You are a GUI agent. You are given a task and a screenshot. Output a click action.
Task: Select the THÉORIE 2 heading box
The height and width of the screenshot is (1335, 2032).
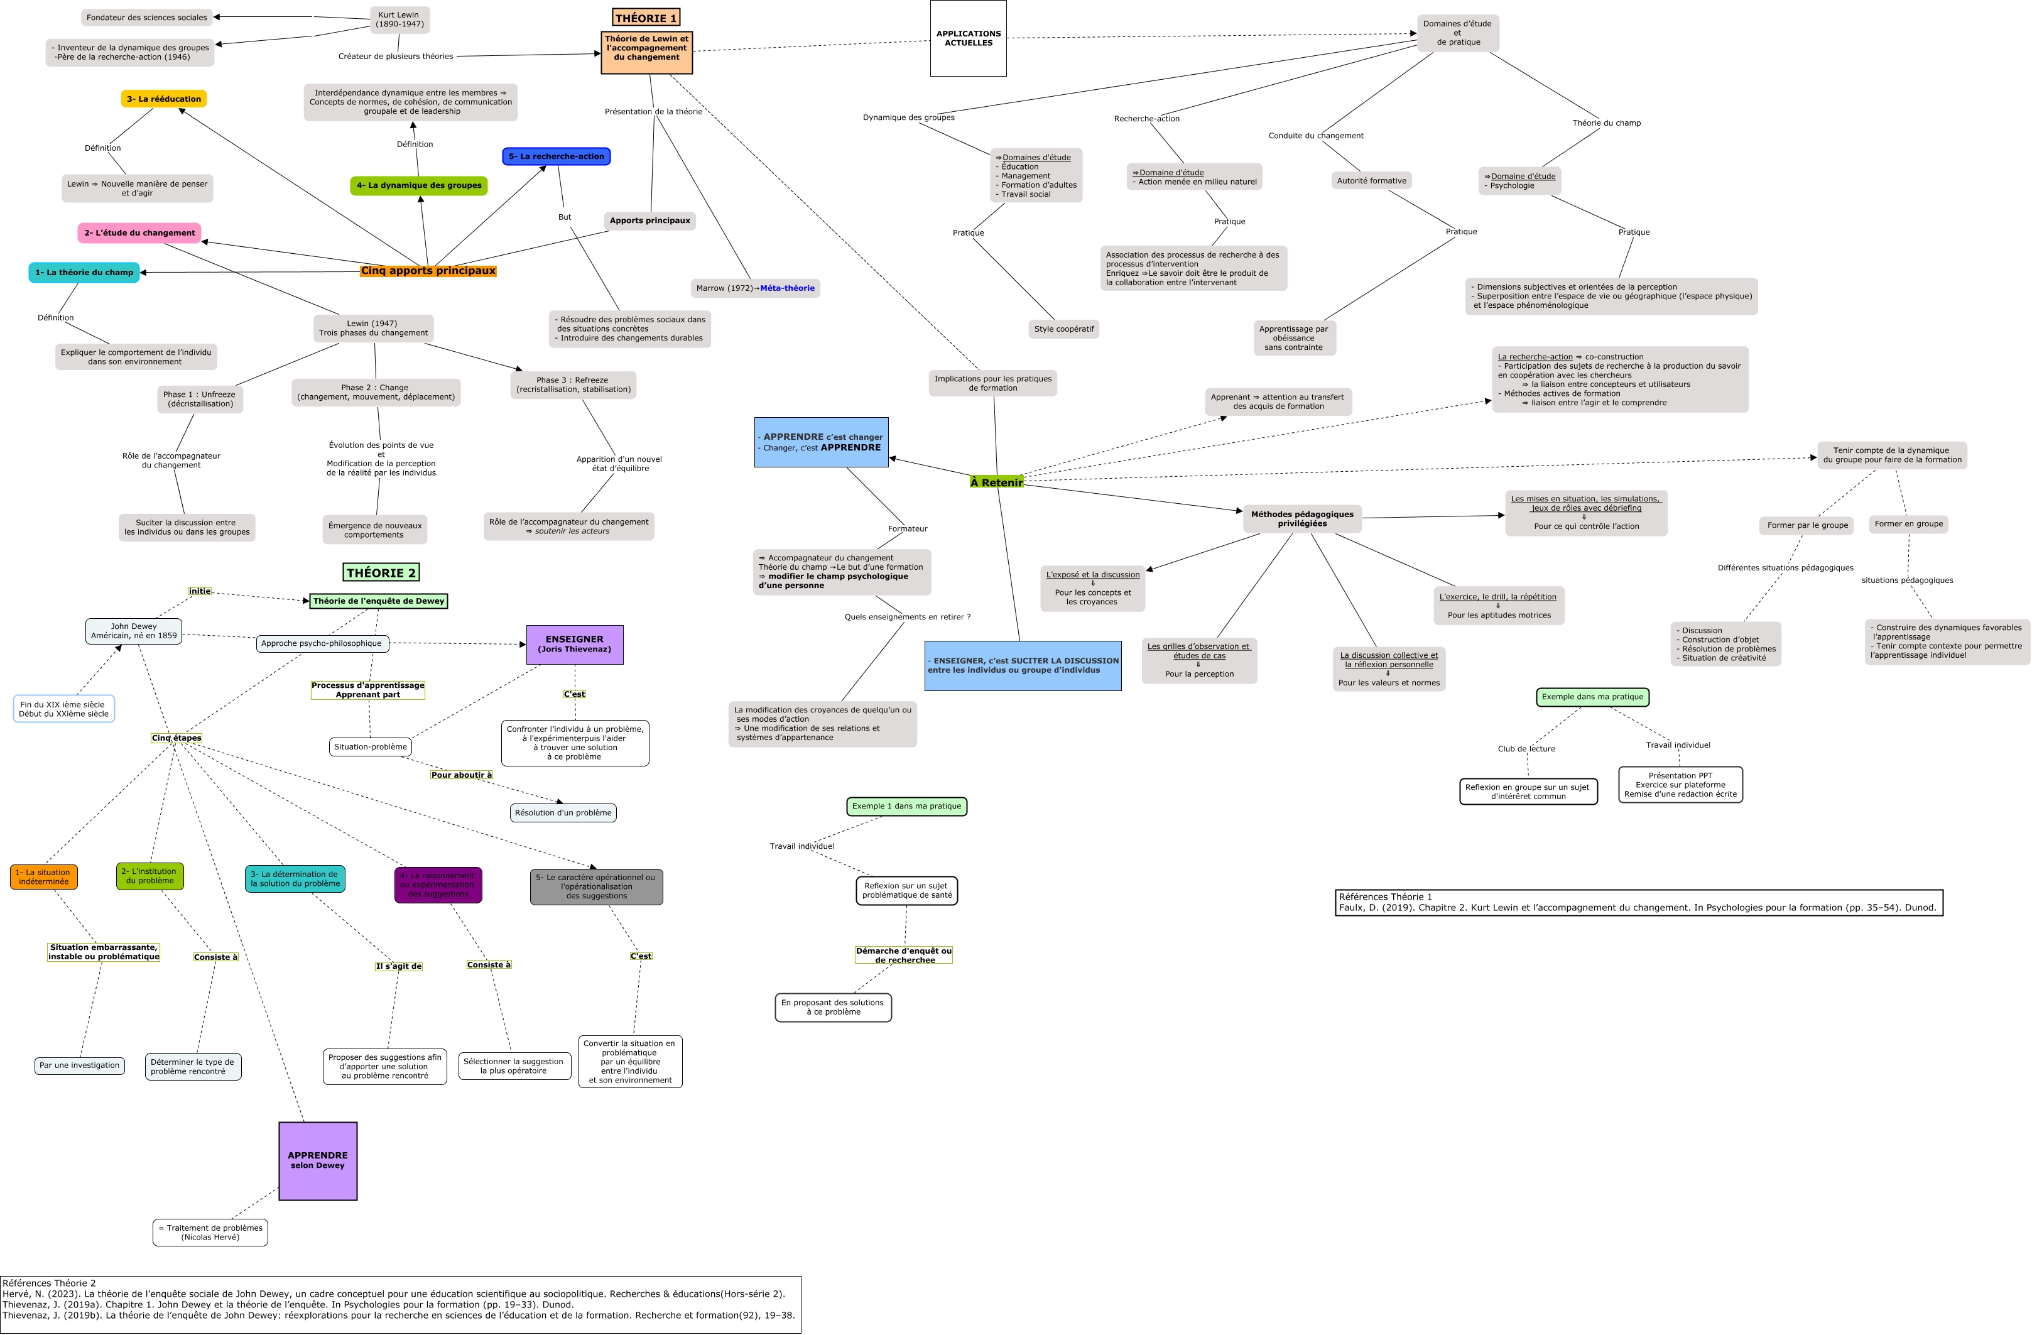(x=381, y=572)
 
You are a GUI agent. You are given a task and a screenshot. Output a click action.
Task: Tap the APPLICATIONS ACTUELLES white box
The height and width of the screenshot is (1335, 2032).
(x=968, y=38)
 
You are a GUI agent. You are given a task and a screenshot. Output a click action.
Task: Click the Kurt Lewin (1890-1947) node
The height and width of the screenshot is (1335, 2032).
(x=399, y=19)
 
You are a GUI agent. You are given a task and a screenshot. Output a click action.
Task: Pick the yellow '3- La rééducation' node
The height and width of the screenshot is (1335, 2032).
(x=164, y=99)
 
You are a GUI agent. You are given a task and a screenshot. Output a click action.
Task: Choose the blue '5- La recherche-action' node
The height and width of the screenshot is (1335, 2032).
(x=556, y=156)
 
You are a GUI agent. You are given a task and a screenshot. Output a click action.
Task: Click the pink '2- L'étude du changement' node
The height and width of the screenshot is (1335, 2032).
(x=139, y=232)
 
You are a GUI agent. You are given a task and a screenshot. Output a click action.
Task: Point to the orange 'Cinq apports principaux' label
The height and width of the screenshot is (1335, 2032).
(x=428, y=271)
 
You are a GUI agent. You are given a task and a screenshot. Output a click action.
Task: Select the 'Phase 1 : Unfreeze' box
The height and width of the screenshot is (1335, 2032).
(x=200, y=399)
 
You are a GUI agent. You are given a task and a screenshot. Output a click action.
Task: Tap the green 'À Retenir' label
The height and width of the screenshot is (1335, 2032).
(x=996, y=482)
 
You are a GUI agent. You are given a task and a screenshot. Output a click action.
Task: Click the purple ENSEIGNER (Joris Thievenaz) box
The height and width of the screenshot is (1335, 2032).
(x=575, y=644)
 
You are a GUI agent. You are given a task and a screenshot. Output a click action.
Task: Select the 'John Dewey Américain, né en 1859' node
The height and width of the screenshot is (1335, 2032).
(x=134, y=631)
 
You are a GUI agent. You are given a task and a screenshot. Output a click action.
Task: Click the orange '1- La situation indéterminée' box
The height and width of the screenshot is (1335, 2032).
(x=43, y=877)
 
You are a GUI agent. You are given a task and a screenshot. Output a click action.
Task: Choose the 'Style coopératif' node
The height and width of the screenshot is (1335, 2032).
(x=1064, y=329)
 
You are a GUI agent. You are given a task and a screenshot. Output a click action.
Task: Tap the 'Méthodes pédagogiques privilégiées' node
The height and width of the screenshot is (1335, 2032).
(x=1302, y=518)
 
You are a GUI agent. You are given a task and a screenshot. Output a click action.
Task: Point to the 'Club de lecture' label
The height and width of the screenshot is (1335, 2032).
(x=1526, y=749)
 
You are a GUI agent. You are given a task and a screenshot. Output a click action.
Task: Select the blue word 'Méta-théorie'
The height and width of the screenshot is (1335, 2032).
(x=787, y=288)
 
